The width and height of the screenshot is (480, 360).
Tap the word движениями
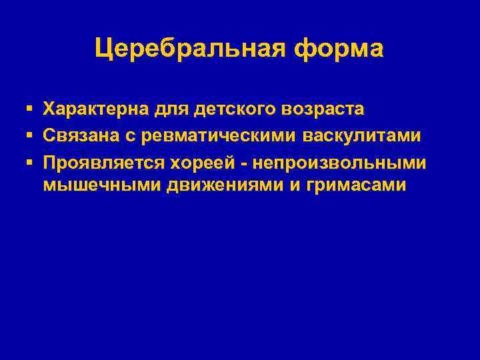pyautogui.click(x=213, y=185)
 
